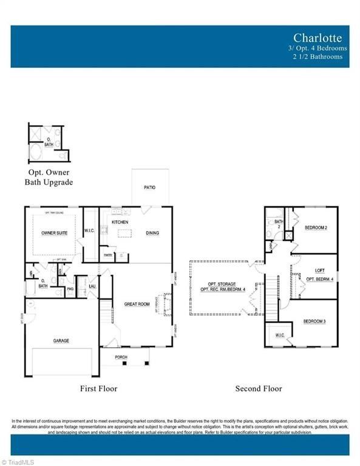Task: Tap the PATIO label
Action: [x=149, y=187]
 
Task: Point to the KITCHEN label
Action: [x=119, y=222]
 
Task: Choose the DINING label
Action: [x=152, y=232]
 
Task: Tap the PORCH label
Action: [x=121, y=357]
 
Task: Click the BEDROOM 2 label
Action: [x=316, y=228]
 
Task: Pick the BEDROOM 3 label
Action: [x=316, y=320]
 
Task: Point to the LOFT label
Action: [x=319, y=271]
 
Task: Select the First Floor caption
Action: [x=98, y=388]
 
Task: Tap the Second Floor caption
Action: [x=259, y=388]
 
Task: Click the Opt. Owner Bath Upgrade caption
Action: [x=49, y=177]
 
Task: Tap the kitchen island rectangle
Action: [x=124, y=234]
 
